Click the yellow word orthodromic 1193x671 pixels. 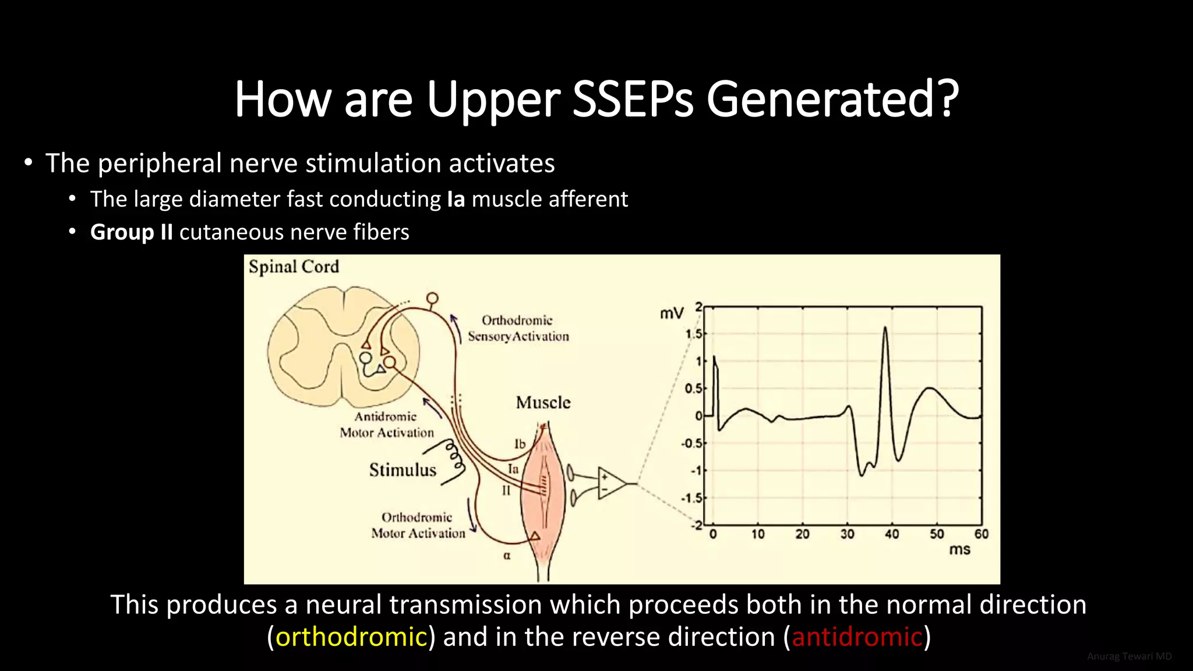pos(351,637)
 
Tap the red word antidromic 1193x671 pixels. pos(857,637)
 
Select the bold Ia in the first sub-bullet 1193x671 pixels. pos(456,199)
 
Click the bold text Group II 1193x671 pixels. pos(132,232)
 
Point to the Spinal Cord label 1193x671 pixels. pos(294,267)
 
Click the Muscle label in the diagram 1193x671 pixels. pos(543,402)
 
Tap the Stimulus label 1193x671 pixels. pos(403,470)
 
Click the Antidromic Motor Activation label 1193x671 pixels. pos(387,425)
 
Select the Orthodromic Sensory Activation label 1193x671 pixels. pos(518,329)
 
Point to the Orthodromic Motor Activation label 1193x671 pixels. pos(418,525)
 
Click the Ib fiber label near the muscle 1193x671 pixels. pos(520,444)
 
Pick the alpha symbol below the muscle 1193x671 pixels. pos(507,556)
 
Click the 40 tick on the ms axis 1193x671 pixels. pos(892,534)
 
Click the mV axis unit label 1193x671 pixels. pos(671,314)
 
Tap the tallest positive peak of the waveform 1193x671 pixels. pos(885,330)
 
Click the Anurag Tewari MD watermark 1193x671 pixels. pos(1129,656)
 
